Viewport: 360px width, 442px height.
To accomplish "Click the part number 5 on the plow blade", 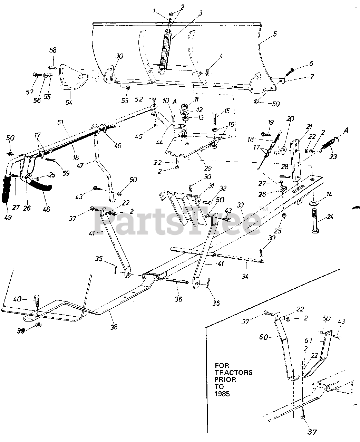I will click(x=275, y=34).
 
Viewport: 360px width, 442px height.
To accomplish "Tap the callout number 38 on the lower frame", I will click(x=114, y=326).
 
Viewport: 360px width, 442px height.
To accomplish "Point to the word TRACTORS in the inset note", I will click(x=234, y=372).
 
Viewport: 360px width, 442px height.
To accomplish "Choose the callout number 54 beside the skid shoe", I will click(x=69, y=103).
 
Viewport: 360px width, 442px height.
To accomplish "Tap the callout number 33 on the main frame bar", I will click(x=240, y=205).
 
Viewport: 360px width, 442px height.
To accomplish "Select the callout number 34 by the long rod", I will click(x=246, y=276).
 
